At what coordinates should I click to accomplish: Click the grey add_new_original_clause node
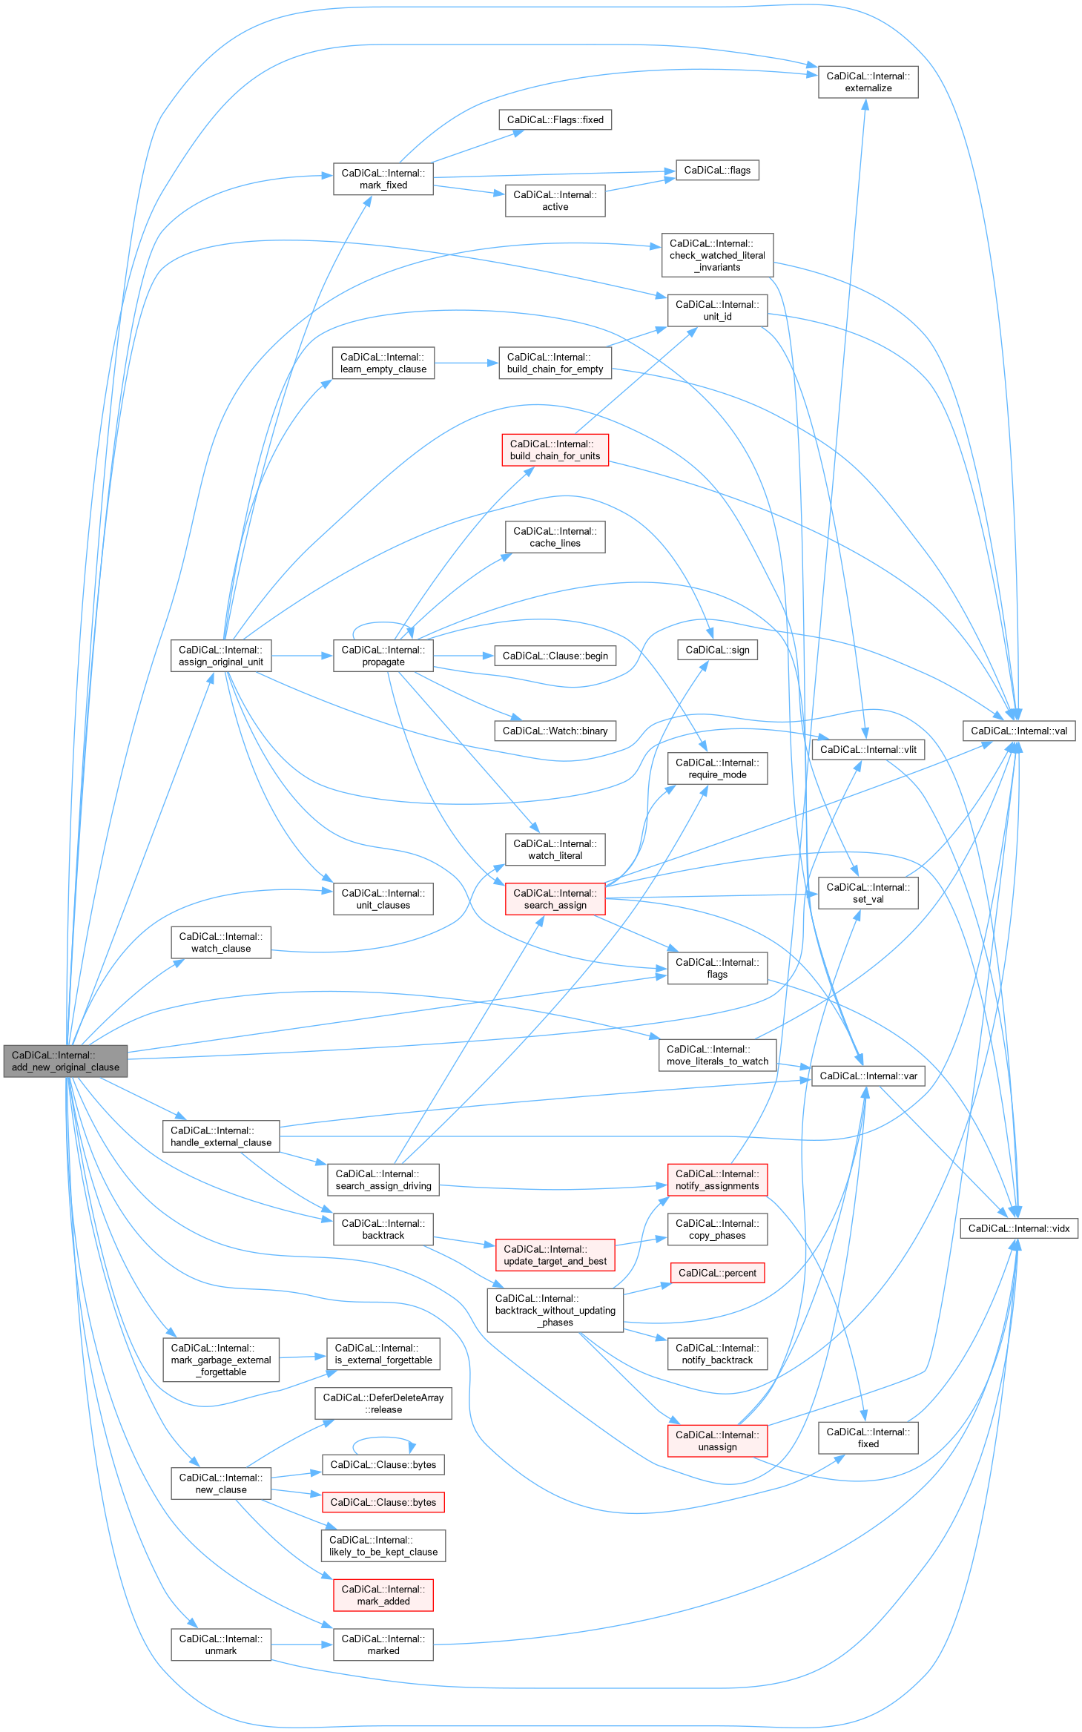tap(65, 1061)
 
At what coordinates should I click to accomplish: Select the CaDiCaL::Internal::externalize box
tap(868, 82)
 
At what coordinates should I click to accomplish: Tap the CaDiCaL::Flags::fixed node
tap(555, 119)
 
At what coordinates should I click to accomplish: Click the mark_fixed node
tap(383, 179)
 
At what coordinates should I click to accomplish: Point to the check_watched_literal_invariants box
tap(717, 255)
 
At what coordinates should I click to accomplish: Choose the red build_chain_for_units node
tap(555, 450)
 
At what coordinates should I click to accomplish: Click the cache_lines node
tap(555, 537)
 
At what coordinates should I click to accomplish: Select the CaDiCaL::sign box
tap(717, 650)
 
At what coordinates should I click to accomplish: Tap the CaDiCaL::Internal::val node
tap(1018, 731)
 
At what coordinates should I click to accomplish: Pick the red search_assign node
tap(555, 899)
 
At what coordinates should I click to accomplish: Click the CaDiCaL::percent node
tap(717, 1273)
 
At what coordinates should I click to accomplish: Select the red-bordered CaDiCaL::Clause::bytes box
tap(383, 1502)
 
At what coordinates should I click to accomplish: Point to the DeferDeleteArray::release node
tap(383, 1403)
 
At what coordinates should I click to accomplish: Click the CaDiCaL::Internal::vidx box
tap(1018, 1228)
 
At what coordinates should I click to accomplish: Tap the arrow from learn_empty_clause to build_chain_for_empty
tap(466, 363)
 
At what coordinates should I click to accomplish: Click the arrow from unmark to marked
tap(302, 1644)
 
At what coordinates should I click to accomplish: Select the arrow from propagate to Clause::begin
tap(464, 656)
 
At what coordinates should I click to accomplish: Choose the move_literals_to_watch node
tap(717, 1055)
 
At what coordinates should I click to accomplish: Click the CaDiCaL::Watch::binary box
tap(555, 731)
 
